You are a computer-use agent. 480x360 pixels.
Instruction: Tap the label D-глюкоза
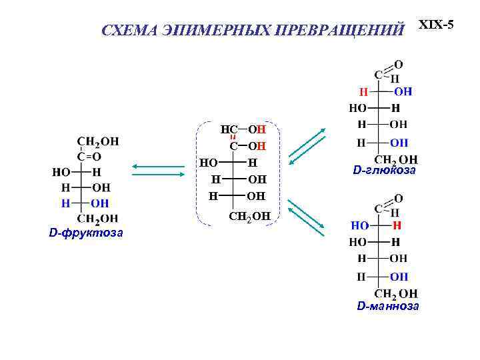tap(385, 171)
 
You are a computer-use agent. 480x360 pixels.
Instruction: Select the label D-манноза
tap(388, 306)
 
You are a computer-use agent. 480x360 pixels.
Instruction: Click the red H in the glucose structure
tap(363, 91)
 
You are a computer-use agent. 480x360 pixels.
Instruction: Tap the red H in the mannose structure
tap(397, 226)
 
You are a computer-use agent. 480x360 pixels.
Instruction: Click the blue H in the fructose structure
tap(65, 203)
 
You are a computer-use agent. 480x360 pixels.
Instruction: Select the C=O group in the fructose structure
tap(89, 157)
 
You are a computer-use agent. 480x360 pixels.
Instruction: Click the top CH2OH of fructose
tap(98, 141)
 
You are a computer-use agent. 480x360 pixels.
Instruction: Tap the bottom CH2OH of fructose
tap(98, 218)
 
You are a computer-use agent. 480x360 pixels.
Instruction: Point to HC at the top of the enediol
tap(229, 129)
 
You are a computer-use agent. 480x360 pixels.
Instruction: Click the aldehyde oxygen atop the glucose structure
tap(398, 65)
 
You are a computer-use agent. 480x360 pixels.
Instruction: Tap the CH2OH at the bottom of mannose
tap(396, 293)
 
